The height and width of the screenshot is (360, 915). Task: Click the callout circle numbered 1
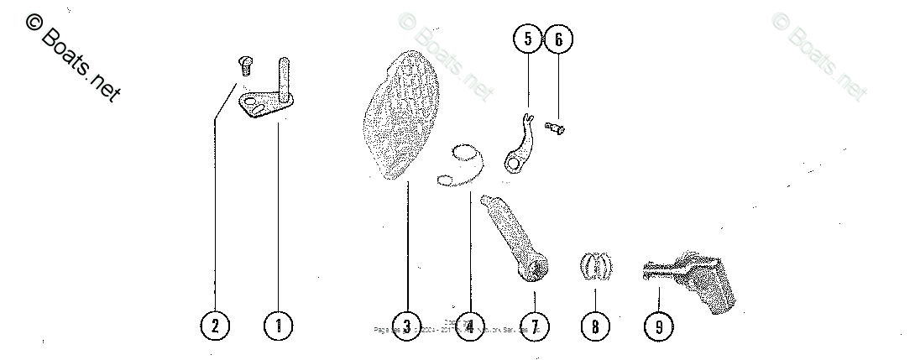click(x=279, y=326)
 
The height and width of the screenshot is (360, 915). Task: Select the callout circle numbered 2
click(x=215, y=326)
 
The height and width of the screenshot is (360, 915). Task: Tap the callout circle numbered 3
click(x=406, y=326)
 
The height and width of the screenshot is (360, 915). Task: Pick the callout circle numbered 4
click(x=470, y=326)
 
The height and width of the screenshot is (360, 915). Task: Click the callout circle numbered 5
click(x=528, y=39)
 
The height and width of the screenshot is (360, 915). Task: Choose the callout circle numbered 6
click(x=559, y=39)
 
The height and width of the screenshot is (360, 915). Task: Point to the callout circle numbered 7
click(x=534, y=326)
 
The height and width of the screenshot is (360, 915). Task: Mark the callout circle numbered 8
click(x=595, y=326)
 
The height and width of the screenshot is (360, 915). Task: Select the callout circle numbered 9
click(x=659, y=326)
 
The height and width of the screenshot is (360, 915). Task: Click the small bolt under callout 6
click(x=555, y=127)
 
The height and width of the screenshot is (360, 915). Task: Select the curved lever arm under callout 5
click(x=518, y=143)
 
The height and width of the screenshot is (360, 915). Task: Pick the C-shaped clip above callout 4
click(x=461, y=164)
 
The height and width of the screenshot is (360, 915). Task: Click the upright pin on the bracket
click(x=285, y=77)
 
